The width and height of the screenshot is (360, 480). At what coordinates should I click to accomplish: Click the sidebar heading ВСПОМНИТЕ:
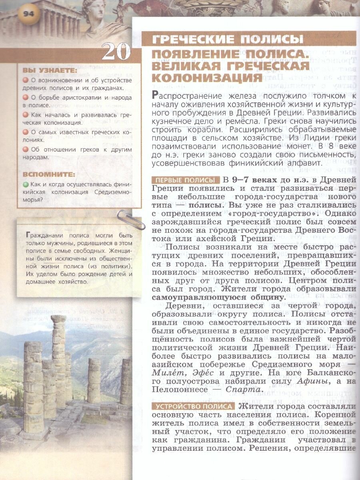(x=49, y=174)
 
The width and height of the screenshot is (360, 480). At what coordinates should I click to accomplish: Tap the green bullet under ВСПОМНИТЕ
(x=26, y=184)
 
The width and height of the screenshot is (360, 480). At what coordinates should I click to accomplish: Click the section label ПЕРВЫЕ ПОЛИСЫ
(x=186, y=180)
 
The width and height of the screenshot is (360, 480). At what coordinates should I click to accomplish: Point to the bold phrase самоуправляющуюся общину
(x=219, y=297)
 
